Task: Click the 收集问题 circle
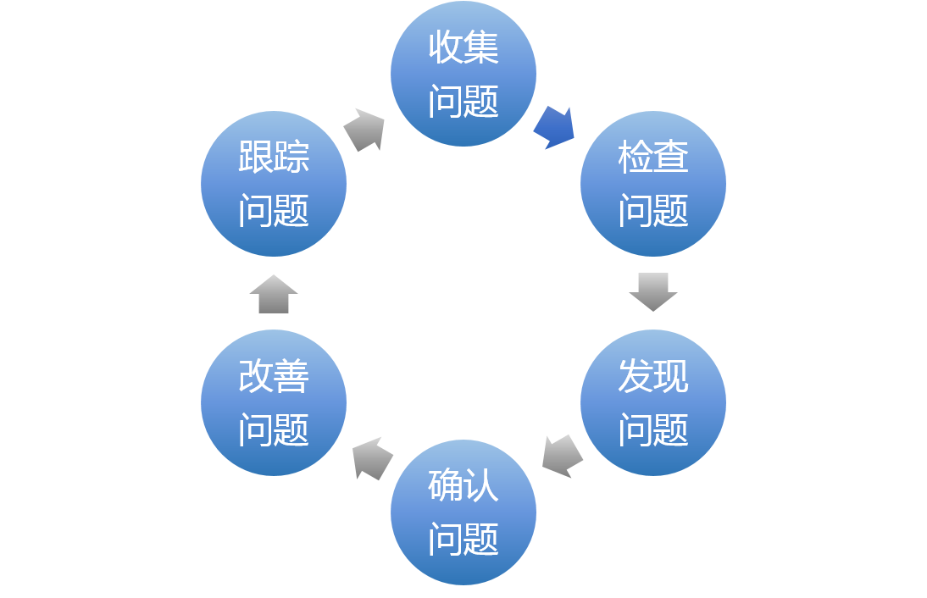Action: pos(463,74)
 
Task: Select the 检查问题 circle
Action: pos(653,183)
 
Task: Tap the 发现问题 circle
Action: pos(653,402)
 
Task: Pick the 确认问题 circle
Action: pos(463,512)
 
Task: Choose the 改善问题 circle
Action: pos(274,402)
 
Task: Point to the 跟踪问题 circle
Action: pos(274,183)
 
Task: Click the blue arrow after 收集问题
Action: pos(555,127)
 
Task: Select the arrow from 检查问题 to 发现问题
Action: pos(653,291)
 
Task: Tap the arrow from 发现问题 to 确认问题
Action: pos(562,457)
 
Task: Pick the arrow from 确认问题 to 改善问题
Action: pos(372,458)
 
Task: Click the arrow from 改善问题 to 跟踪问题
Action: pos(274,294)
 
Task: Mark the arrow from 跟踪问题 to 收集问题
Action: pos(365,130)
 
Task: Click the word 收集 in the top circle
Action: pos(463,47)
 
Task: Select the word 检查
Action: pos(653,157)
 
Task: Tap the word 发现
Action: pos(653,376)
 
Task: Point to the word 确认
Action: pos(463,485)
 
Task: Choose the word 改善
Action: pos(274,376)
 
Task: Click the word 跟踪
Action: pos(274,157)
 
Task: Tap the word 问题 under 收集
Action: pos(463,102)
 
